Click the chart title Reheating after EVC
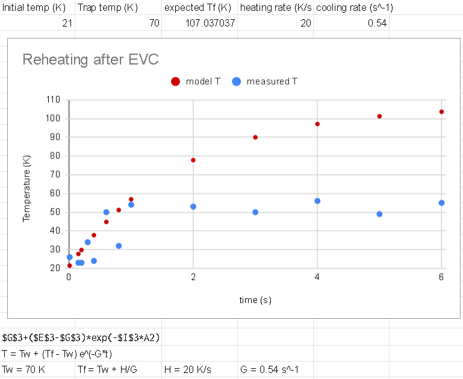click(x=90, y=59)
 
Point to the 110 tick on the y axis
click(x=53, y=100)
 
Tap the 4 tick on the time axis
click(x=317, y=277)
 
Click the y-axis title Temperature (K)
click(x=26, y=188)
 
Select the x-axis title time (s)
click(x=255, y=300)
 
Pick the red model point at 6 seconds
click(x=441, y=111)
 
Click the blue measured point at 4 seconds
click(x=317, y=201)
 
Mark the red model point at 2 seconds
click(x=193, y=160)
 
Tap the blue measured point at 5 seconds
click(x=379, y=214)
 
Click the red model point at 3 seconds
click(x=255, y=137)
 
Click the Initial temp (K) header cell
click(x=34, y=8)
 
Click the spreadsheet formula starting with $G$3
click(x=81, y=337)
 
